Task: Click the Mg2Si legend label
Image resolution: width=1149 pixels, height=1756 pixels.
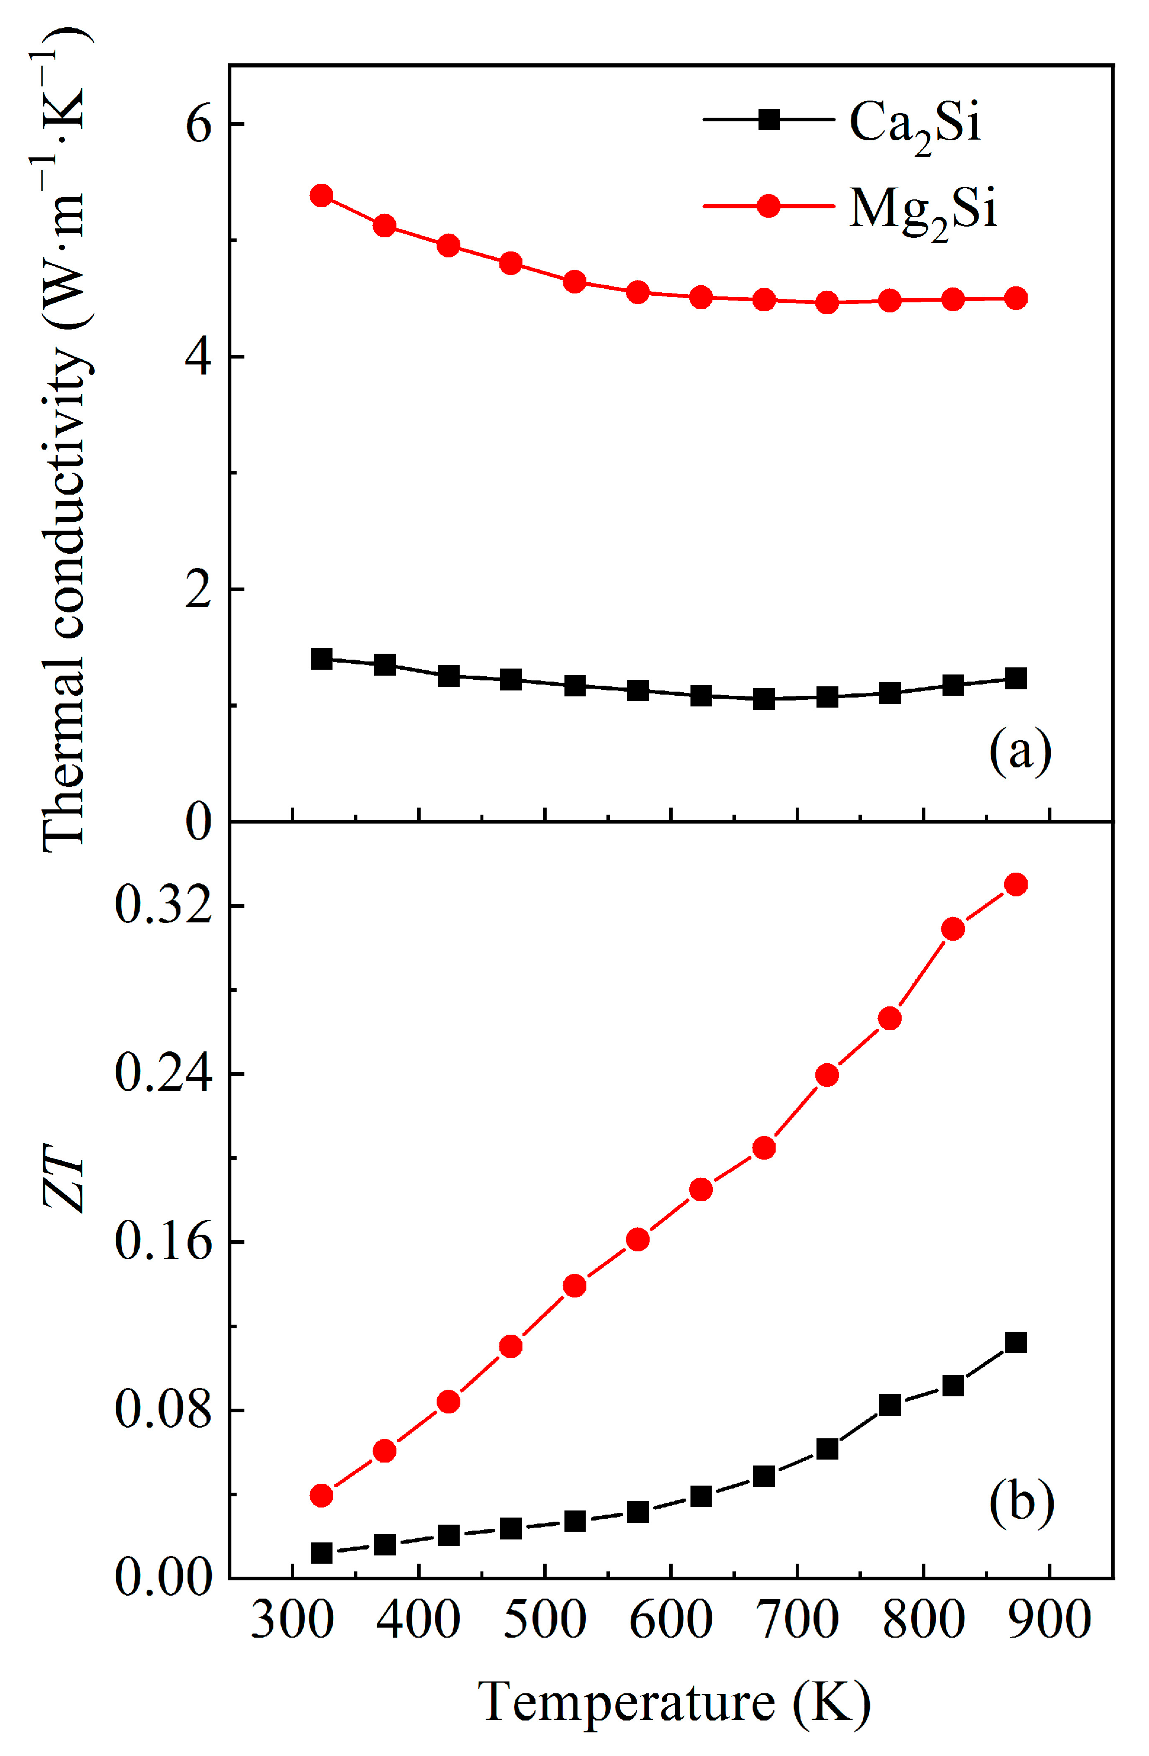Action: [922, 209]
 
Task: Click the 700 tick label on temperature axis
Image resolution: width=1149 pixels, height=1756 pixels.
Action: [797, 1621]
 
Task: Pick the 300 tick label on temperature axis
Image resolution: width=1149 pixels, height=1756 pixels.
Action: [292, 1621]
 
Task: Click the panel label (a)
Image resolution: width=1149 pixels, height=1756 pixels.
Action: [1021, 752]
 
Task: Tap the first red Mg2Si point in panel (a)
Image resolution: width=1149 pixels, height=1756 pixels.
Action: [322, 195]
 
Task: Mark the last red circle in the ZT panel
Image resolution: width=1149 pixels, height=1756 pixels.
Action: [1016, 884]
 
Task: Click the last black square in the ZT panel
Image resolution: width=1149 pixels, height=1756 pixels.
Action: [1016, 1342]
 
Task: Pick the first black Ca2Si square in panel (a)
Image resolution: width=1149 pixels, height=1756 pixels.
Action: [322, 658]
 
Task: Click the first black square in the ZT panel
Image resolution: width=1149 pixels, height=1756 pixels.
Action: [322, 1553]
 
